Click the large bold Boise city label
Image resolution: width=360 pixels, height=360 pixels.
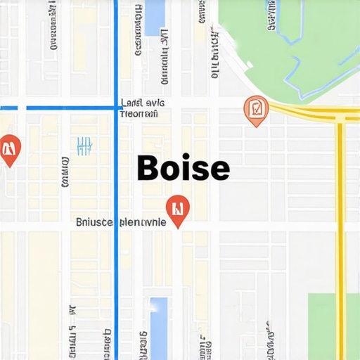pyautogui.click(x=183, y=169)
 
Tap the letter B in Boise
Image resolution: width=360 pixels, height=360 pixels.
pyautogui.click(x=148, y=169)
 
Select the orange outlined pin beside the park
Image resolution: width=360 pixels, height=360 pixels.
pyautogui.click(x=255, y=110)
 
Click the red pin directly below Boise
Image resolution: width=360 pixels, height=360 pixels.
pyautogui.click(x=178, y=210)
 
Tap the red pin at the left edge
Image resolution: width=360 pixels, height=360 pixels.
pyautogui.click(x=9, y=148)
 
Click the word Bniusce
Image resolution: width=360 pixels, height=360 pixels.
pyautogui.click(x=94, y=222)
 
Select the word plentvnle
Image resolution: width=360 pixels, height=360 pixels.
pyautogui.click(x=143, y=222)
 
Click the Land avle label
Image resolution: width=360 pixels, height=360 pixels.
pyautogui.click(x=143, y=102)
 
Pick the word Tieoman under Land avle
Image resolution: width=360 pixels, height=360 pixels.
pyautogui.click(x=139, y=113)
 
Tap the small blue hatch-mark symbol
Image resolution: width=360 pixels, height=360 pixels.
pyautogui.click(x=84, y=146)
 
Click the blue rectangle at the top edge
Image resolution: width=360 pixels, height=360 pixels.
pyautogui.click(x=154, y=18)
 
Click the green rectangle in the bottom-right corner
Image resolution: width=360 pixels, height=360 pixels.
pyautogui.click(x=333, y=326)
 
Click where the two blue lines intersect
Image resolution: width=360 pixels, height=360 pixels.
pyautogui.click(x=116, y=108)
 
